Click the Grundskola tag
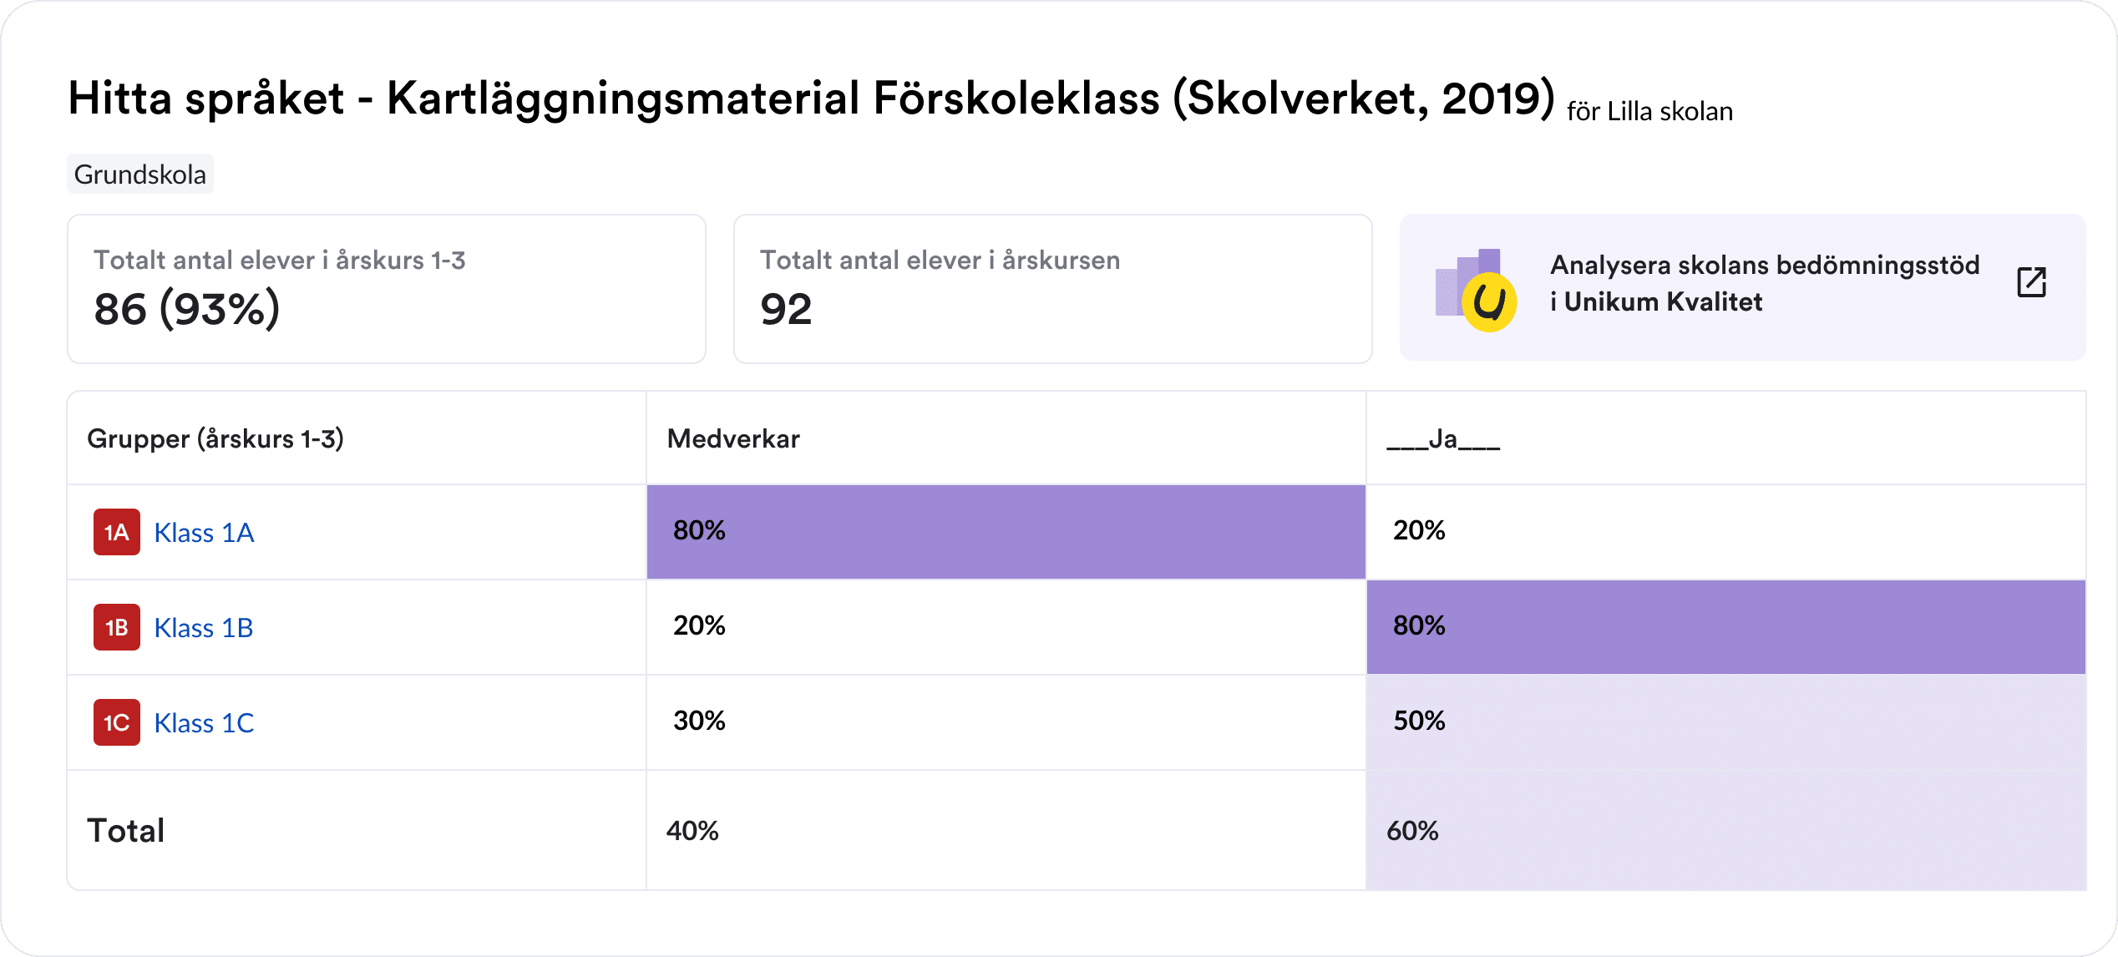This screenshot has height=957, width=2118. (139, 175)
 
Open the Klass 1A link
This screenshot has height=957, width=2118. (204, 533)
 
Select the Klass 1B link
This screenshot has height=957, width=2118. (204, 628)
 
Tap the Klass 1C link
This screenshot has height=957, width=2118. (204, 723)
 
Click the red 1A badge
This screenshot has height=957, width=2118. (116, 533)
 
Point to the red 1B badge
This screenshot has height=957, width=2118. (116, 628)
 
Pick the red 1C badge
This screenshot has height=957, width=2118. (116, 723)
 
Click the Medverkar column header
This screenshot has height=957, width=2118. (733, 439)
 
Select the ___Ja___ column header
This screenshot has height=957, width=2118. (1442, 439)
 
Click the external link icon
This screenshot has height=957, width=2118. (2031, 282)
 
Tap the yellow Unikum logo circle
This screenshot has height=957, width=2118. (1489, 302)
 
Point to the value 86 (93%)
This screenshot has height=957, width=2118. (187, 310)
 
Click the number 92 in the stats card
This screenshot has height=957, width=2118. (786, 310)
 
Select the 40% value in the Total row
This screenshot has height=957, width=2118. (692, 831)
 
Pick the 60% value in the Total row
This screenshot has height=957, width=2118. (1412, 831)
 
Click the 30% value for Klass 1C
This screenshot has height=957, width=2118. (699, 721)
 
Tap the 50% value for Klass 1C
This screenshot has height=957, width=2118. (1419, 721)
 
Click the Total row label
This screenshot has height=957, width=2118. (126, 831)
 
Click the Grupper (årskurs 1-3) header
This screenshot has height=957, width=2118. (215, 439)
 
